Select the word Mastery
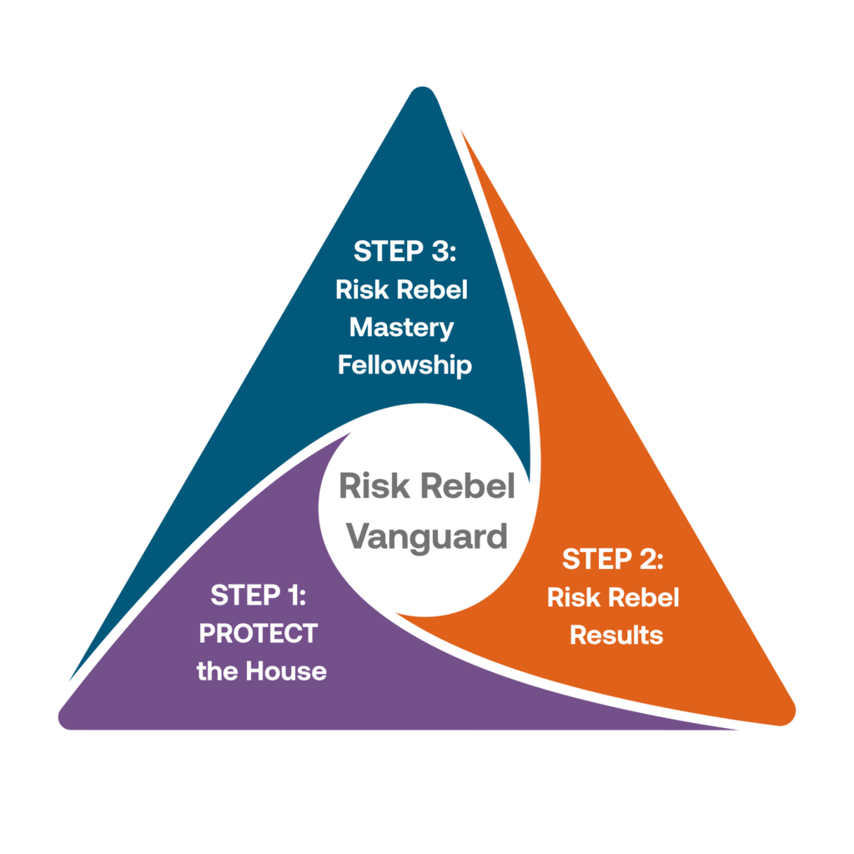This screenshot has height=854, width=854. point(401,327)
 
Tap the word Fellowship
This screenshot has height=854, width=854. point(404,365)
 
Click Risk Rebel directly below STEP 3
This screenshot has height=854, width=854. point(401,289)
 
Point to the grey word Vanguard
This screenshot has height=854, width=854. point(426,534)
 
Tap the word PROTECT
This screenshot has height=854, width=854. point(258,634)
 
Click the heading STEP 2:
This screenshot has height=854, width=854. point(613,559)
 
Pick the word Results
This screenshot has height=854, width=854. point(616,635)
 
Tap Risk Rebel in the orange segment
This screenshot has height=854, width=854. point(613,597)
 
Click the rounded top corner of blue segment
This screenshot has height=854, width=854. point(422,93)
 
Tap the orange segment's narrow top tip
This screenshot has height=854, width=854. point(461,132)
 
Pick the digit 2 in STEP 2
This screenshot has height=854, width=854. point(646,559)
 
